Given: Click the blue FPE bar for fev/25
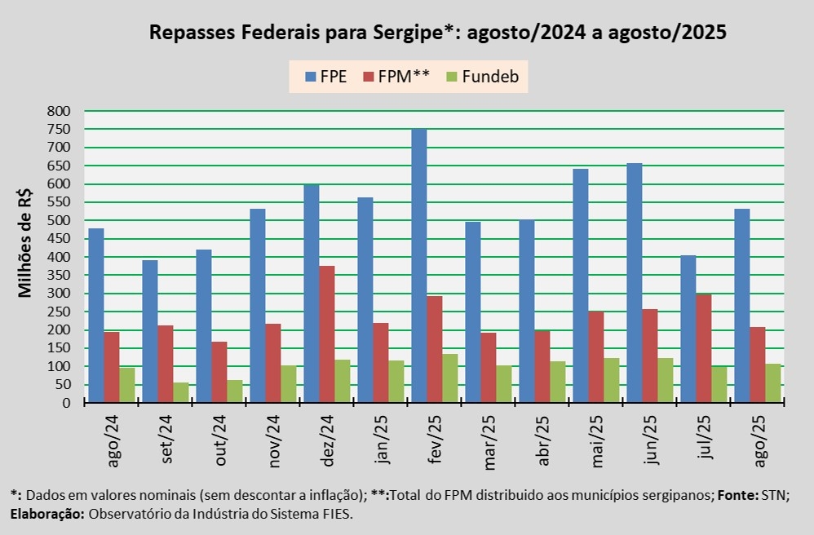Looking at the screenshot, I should point(418,266).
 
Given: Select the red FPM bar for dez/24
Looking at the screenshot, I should point(326,334).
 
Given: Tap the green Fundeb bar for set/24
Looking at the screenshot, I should point(180,392).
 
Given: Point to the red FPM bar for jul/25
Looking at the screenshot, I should point(703,348).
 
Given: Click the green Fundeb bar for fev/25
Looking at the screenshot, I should point(449,378).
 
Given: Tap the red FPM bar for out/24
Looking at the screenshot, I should point(219,372).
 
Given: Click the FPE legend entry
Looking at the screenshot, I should point(325,77).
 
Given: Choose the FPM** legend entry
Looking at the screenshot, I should point(396,77).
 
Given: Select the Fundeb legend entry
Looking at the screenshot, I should point(482,77).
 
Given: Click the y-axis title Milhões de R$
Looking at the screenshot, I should point(25,242).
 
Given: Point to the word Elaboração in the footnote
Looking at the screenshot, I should point(46,515).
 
